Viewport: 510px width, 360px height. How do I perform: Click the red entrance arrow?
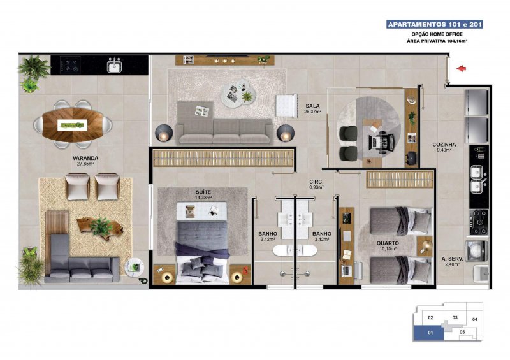(x=461, y=68)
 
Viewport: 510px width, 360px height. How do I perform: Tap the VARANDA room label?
(x=85, y=159)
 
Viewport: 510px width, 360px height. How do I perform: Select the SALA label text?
(x=312, y=106)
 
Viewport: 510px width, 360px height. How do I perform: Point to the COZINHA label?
(x=444, y=145)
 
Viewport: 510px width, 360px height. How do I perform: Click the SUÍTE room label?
(x=203, y=192)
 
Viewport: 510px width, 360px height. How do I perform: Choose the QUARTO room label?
(x=388, y=243)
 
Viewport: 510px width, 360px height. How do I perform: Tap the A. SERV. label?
(x=452, y=259)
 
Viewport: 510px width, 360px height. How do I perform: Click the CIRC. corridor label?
(x=316, y=182)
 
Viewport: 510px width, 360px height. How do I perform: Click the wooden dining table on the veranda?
(x=73, y=124)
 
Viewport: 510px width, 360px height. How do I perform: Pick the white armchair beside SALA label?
(x=286, y=105)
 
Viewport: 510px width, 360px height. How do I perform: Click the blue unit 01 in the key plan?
(x=428, y=333)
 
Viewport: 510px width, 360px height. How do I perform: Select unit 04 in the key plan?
(x=474, y=319)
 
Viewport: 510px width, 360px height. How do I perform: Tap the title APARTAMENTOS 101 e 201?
(x=435, y=24)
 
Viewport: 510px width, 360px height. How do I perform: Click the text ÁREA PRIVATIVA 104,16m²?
(x=437, y=41)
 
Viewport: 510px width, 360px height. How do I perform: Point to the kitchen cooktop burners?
(x=479, y=222)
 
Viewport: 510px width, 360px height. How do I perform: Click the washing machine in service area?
(x=477, y=252)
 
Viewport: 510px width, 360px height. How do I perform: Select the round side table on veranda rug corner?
(x=135, y=268)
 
